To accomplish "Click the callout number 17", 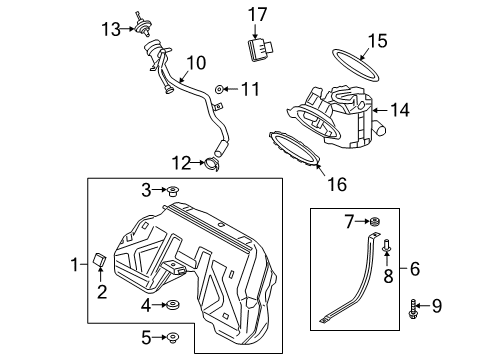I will (x=259, y=14).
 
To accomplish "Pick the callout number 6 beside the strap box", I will (x=415, y=268).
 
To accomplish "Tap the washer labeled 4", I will (x=173, y=304).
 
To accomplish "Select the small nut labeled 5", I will (x=172, y=339).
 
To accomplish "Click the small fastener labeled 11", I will (x=220, y=91).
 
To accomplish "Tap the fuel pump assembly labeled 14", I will (x=335, y=115).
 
